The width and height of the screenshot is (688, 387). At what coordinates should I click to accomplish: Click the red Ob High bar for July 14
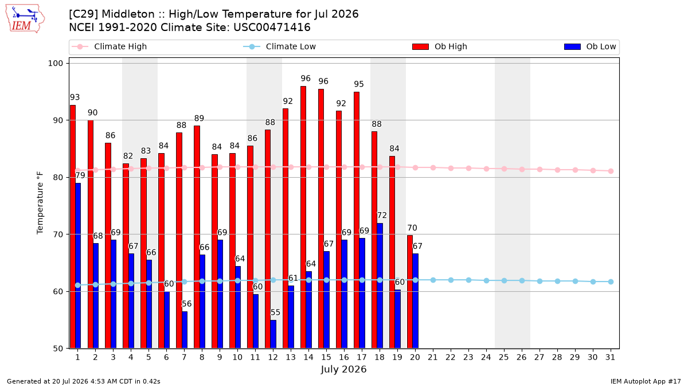point(303,217)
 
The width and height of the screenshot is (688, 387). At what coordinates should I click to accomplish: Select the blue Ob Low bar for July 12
point(273,334)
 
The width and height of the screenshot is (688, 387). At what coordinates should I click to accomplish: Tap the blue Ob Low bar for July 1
point(78,265)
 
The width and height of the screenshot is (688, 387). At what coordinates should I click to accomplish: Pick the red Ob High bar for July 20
point(410,292)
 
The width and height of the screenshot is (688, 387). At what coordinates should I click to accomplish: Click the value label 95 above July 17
point(359,84)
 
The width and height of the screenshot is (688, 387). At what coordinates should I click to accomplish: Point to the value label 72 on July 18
point(382,216)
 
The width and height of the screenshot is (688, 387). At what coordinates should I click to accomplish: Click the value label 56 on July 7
point(187,304)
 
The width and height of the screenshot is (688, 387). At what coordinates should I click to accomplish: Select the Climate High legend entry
point(110,46)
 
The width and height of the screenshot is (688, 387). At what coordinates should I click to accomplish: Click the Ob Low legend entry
point(590,46)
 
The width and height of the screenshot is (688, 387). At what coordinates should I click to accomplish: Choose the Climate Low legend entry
point(280,46)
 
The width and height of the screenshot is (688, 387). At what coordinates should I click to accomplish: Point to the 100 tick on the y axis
point(55,63)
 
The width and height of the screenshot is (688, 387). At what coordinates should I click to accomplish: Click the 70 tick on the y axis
point(58,234)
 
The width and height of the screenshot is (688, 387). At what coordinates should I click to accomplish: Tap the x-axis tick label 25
point(504,357)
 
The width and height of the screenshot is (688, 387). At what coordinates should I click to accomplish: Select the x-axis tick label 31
point(610,357)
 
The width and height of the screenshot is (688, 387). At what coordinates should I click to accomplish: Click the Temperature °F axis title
point(40,203)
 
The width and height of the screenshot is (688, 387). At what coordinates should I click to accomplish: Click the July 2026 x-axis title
point(343,369)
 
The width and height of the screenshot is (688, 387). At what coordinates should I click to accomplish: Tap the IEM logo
point(25,19)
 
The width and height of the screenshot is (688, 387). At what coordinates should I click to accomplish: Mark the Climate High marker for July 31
point(611,171)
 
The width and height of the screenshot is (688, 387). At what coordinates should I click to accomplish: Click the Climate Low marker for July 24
point(487,281)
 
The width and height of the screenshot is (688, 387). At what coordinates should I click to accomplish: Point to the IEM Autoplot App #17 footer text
point(646,381)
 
